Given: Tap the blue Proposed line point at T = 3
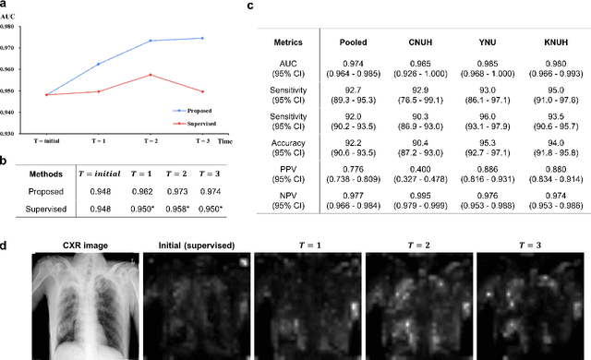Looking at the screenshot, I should pyautogui.click(x=202, y=38).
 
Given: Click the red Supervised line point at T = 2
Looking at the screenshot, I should pyautogui.click(x=151, y=75).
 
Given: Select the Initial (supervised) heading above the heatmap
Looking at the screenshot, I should pyautogui.click(x=195, y=245).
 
